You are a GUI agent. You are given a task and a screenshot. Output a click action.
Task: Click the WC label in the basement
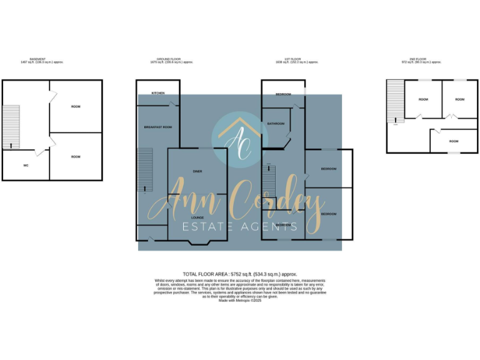26,166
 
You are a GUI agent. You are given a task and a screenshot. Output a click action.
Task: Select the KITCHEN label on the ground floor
157,94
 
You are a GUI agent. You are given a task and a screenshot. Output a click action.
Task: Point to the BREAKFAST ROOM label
157,127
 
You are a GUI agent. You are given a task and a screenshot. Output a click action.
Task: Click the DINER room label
197,171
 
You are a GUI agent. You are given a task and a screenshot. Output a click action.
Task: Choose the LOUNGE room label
197,217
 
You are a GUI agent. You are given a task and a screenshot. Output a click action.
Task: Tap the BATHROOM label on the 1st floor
276,124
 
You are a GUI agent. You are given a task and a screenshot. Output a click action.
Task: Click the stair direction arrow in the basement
11,146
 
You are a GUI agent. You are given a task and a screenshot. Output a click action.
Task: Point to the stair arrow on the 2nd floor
395,119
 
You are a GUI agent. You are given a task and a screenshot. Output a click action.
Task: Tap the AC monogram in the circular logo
239,139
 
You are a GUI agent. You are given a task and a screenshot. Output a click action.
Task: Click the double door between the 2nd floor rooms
451,116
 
